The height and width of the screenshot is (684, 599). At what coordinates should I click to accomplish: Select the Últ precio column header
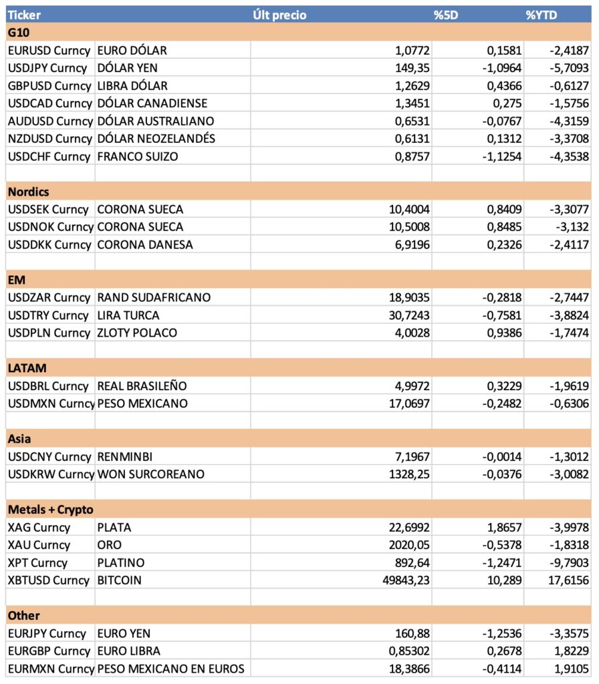click(x=279, y=15)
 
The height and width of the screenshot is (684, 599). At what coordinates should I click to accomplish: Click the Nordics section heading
click(x=29, y=192)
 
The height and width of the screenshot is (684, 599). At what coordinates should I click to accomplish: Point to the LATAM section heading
click(x=27, y=368)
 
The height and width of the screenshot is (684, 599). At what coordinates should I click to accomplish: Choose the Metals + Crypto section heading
click(x=50, y=510)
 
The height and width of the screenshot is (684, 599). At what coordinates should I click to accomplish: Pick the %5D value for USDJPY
click(x=495, y=68)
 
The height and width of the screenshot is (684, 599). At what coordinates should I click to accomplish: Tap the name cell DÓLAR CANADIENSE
click(x=152, y=104)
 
